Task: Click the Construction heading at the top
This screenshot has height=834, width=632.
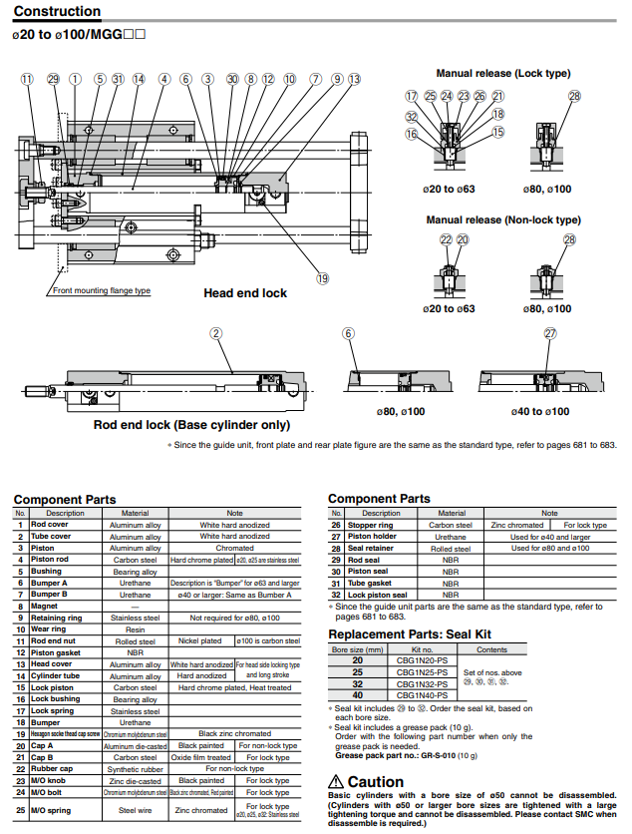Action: (57, 12)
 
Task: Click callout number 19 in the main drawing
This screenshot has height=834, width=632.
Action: (322, 279)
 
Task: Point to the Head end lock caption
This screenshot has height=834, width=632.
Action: (245, 293)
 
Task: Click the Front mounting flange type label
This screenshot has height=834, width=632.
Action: (102, 291)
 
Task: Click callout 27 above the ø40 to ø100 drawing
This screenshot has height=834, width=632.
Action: (550, 333)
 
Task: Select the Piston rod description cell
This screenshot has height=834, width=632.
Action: (49, 560)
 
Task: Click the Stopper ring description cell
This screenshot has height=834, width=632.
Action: (370, 525)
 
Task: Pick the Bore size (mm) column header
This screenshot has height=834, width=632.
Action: (359, 648)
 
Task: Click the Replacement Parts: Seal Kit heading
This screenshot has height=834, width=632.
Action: (410, 633)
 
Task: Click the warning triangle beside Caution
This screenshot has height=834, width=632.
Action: (337, 782)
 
